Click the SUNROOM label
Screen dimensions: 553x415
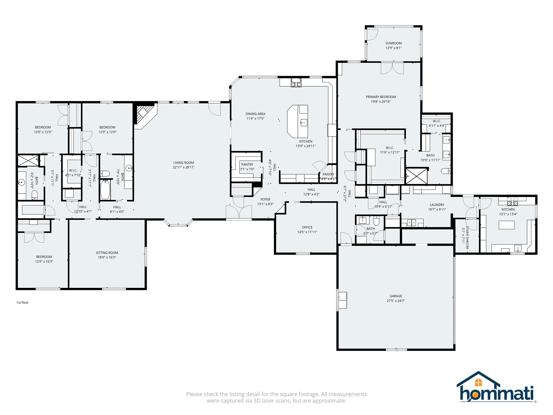393,43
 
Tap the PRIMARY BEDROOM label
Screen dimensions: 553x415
381,97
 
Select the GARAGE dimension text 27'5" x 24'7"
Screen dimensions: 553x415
396,301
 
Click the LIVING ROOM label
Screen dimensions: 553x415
184,163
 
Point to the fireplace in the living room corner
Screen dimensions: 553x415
145,116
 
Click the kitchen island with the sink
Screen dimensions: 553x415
298,121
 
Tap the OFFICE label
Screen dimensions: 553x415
307,227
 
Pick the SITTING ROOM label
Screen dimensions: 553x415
107,253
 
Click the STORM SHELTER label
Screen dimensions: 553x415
467,238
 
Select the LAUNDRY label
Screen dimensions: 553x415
437,205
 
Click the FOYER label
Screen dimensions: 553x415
265,199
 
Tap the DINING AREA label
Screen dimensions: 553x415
255,114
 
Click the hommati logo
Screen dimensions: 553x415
496,387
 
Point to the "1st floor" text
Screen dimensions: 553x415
22,303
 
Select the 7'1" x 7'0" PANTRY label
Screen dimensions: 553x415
247,165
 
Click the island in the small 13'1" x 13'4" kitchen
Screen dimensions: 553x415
507,225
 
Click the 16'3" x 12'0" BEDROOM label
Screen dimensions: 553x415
44,257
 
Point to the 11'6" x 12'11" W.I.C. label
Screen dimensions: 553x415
390,148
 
